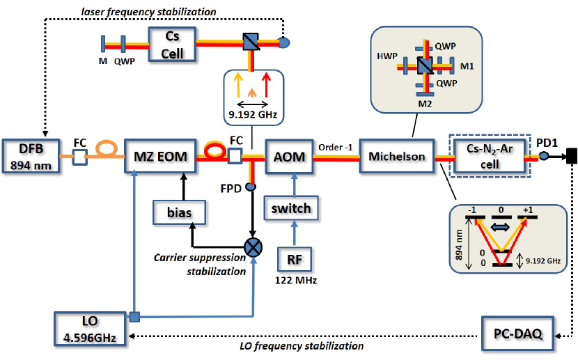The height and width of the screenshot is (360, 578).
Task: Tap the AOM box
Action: click(x=288, y=157)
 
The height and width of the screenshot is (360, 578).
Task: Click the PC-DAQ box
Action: click(x=518, y=335)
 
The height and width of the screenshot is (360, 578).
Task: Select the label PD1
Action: click(x=548, y=141)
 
